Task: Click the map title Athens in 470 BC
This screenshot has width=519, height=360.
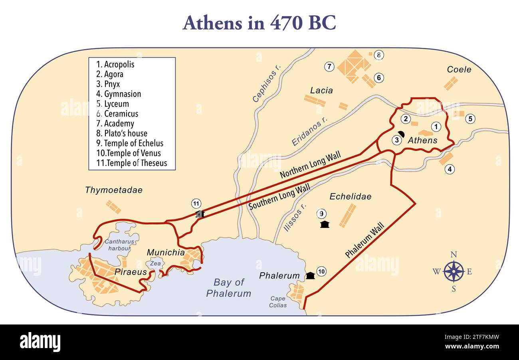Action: (259, 23)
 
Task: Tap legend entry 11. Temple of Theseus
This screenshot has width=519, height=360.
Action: (131, 163)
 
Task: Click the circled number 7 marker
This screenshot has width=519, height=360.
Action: (329, 67)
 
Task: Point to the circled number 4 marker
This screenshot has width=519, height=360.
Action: (450, 169)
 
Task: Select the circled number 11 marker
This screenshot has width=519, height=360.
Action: (196, 204)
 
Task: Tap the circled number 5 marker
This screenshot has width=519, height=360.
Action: (470, 119)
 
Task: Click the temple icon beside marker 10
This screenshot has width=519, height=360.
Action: (310, 275)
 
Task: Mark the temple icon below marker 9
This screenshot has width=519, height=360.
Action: (325, 224)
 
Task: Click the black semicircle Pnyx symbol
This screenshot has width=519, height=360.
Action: (401, 134)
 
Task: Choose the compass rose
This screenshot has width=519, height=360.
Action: (454, 271)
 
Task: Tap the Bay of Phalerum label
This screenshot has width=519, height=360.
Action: (228, 288)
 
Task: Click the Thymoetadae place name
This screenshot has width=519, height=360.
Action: (113, 190)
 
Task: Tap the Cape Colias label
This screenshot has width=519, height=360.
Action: (278, 302)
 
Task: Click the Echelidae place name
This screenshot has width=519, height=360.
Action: (350, 196)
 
